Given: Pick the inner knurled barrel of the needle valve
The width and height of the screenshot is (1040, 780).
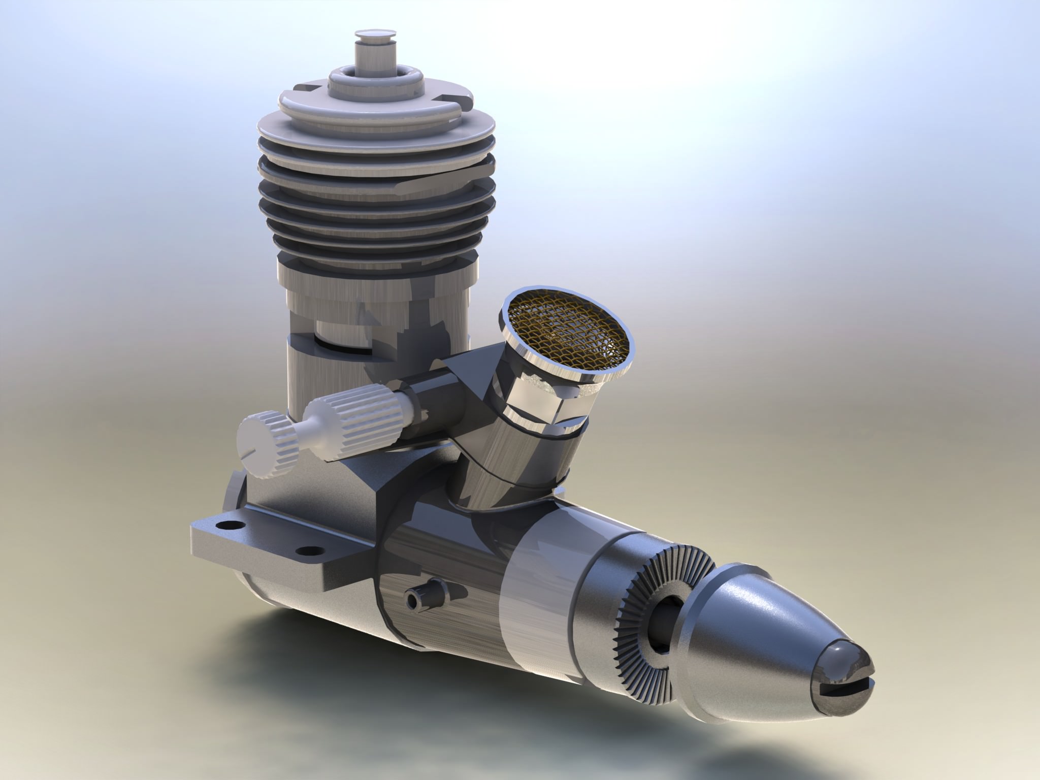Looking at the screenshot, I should [x=335, y=417].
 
